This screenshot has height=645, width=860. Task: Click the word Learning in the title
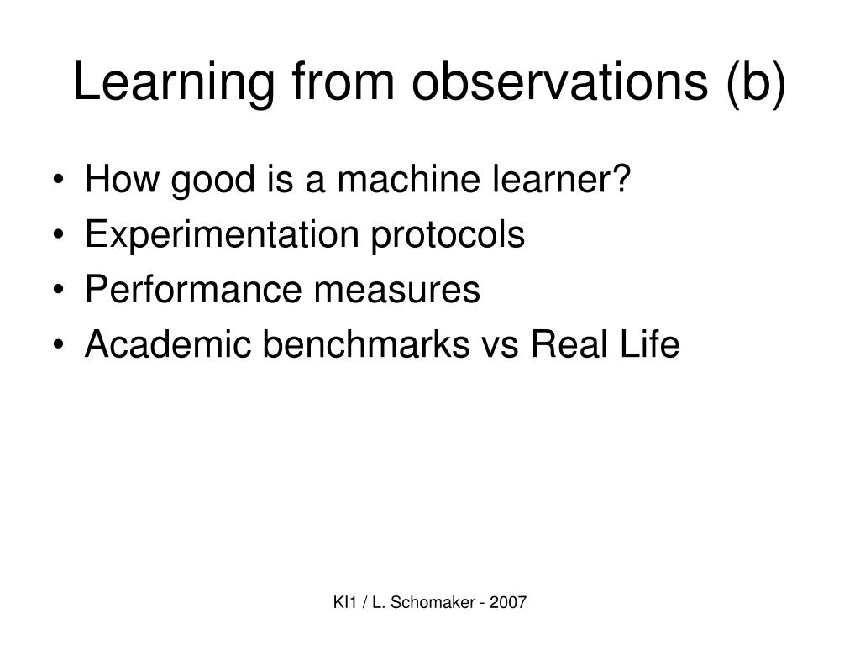[173, 82]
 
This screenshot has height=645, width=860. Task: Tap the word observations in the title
[560, 81]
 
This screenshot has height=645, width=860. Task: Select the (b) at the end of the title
[757, 83]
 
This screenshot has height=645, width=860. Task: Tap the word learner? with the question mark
[562, 179]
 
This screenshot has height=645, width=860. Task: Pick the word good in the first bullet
[213, 181]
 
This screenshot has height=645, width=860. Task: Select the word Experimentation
[222, 236]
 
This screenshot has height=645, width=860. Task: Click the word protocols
[448, 236]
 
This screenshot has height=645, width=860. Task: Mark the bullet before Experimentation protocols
[58, 235]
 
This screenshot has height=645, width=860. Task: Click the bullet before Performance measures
[58, 290]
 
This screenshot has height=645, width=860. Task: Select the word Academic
[168, 343]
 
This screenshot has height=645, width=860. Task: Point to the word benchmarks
[366, 343]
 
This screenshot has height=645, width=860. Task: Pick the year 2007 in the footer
[508, 602]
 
